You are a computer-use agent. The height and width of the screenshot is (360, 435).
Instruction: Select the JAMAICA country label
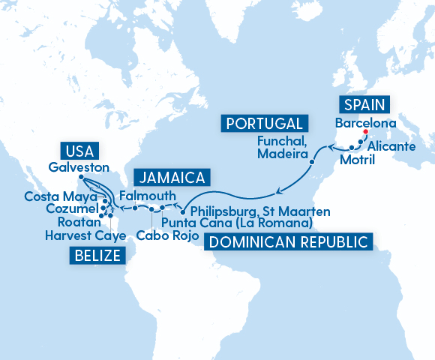[x=172, y=178]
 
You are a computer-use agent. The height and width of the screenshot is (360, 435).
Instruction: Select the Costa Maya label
[x=57, y=196]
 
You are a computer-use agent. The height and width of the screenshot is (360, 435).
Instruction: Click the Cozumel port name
[x=69, y=208]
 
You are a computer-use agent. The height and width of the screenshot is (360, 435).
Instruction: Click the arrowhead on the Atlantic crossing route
[x=277, y=186]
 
